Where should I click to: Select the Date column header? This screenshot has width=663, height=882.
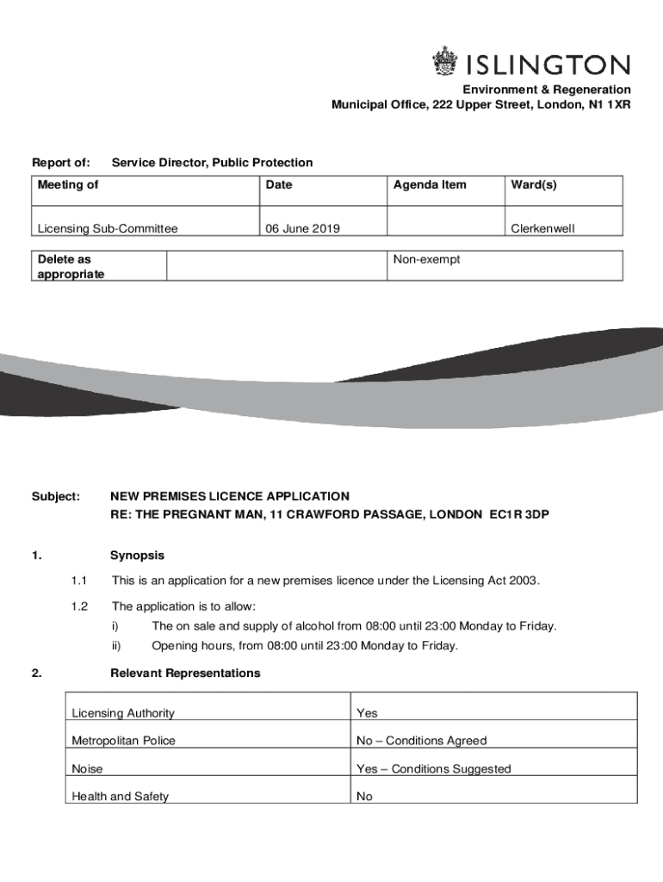click(279, 184)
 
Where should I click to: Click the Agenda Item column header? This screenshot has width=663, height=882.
click(430, 184)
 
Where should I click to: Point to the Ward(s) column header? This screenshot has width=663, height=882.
click(534, 184)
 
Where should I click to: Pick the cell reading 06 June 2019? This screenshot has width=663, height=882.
click(302, 228)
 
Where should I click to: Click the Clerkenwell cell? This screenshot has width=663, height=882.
click(542, 228)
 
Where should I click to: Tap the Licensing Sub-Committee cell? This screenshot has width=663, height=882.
click(108, 228)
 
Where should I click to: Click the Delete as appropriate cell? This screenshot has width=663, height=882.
click(71, 266)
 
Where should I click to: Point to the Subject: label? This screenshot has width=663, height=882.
click(56, 496)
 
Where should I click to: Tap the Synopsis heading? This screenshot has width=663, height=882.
click(137, 556)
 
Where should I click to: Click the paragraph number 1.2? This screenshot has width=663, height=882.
click(80, 606)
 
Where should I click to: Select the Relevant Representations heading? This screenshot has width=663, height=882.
click(185, 673)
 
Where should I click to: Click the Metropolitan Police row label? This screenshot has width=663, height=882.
click(124, 741)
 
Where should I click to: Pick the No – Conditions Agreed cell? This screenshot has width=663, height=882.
click(421, 741)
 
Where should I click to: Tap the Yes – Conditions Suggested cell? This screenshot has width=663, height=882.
click(433, 769)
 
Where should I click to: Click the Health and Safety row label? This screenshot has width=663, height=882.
click(121, 797)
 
